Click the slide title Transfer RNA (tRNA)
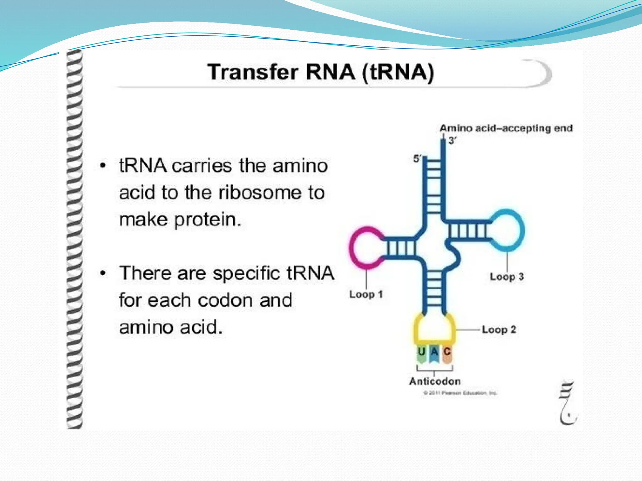coord(320,72)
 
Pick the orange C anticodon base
coord(447,353)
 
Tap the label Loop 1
coord(366,294)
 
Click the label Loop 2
coord(499,329)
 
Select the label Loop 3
coord(507,277)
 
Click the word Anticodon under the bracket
coord(435,381)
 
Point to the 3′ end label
coord(452,141)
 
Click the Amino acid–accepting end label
coord(506,128)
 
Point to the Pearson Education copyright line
coord(460,393)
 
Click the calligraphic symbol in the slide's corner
coord(568,404)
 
